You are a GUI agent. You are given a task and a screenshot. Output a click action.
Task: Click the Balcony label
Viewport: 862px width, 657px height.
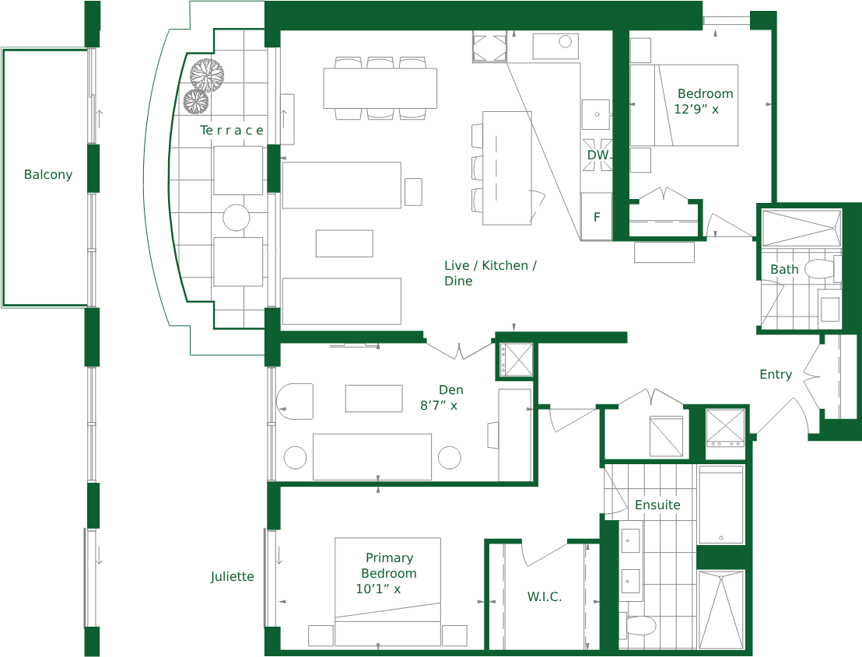pos(48,175)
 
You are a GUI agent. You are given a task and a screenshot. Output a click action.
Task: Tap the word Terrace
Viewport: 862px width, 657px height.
pos(231,130)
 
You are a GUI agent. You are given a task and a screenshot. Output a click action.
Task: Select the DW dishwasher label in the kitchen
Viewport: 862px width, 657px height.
pos(597,155)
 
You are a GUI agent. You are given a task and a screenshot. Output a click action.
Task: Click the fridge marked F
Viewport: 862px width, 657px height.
pos(597,216)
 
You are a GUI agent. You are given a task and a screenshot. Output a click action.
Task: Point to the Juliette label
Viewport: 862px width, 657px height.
pos(232,576)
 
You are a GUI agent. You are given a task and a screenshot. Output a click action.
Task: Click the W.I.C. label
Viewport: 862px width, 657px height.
pos(545,596)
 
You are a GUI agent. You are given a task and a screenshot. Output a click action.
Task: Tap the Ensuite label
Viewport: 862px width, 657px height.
pos(657,505)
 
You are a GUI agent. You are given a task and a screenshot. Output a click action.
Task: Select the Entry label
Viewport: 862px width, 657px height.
pos(776,374)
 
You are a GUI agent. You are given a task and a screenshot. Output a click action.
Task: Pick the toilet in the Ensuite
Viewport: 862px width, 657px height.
pos(639,625)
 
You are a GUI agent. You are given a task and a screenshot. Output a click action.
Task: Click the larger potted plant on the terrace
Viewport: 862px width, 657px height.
pos(207,75)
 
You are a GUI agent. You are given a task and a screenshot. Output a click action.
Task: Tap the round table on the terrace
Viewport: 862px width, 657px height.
pos(237,218)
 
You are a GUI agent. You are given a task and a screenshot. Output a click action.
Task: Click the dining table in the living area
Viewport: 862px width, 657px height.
pos(380,88)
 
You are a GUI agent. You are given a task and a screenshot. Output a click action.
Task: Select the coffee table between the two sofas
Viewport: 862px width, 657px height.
pos(345,243)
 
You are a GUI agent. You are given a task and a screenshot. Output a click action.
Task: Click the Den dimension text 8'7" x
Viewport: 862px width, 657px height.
pos(439,405)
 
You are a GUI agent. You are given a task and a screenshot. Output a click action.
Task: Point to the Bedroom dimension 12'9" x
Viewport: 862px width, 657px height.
pos(696,110)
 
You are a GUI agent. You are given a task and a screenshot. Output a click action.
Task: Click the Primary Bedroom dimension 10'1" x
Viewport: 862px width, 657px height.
pos(378,589)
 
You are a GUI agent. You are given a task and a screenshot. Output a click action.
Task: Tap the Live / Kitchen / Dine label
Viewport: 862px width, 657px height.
pos(490,273)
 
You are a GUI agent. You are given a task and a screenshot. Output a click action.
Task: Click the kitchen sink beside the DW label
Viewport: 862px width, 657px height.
pos(596,114)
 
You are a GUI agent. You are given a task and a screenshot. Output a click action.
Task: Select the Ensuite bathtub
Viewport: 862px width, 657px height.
pos(720,505)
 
